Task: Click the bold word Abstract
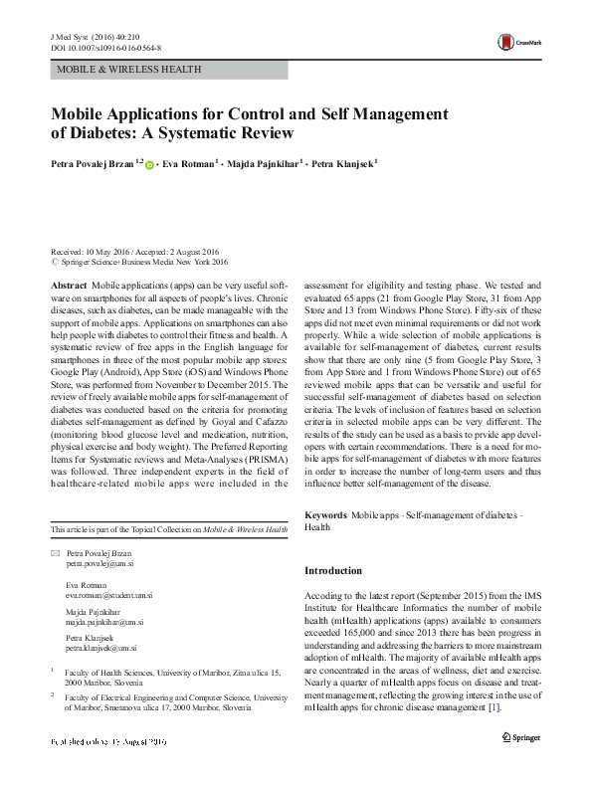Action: pos(68,286)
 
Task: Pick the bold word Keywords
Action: pos(325,515)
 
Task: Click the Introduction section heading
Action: pos(332,571)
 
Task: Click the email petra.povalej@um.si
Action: pos(101,562)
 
